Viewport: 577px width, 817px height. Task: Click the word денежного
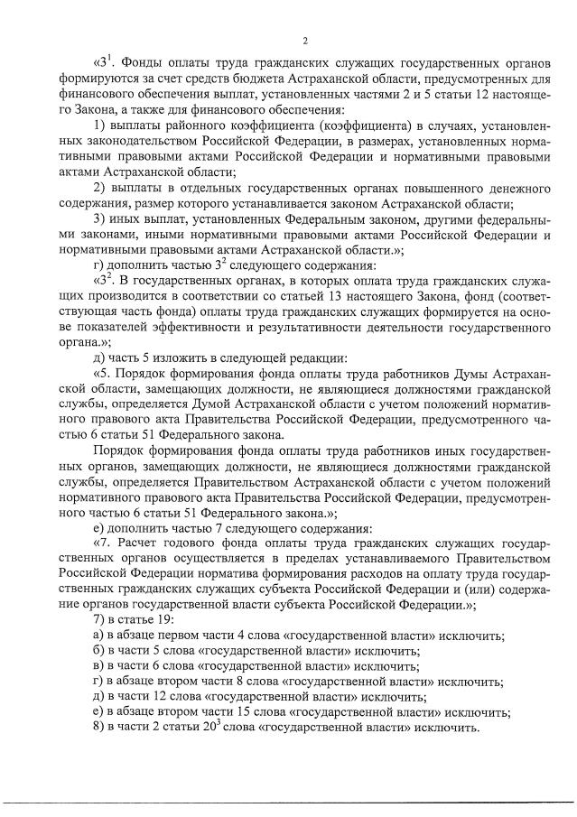coord(514,187)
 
